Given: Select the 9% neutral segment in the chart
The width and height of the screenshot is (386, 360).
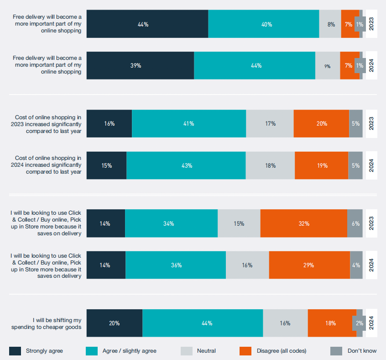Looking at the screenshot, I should point(327,66).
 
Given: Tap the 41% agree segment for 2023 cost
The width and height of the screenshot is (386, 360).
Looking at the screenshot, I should point(189,124).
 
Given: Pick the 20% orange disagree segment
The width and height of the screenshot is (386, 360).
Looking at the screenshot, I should point(321,124).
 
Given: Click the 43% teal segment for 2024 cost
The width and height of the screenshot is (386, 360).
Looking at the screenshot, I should point(186,165).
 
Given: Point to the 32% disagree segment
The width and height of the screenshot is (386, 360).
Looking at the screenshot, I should point(303,223).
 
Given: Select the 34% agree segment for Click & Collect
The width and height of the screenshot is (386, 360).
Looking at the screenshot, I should point(171,223).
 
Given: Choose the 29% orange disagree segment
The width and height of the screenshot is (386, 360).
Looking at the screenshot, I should point(309,265).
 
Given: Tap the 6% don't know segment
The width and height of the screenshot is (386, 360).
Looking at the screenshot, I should point(355,223).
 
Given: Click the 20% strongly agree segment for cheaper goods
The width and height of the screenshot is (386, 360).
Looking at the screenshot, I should point(115,323).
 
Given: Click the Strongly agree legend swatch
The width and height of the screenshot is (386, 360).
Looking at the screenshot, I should point(15,351).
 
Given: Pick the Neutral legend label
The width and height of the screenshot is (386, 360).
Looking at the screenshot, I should point(206,351).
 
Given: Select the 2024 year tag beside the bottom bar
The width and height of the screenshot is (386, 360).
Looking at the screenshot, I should point(371,323).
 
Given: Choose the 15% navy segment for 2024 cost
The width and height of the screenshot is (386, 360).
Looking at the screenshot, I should point(106,165).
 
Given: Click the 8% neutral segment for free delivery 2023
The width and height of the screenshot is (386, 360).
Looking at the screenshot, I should point(330,24).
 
